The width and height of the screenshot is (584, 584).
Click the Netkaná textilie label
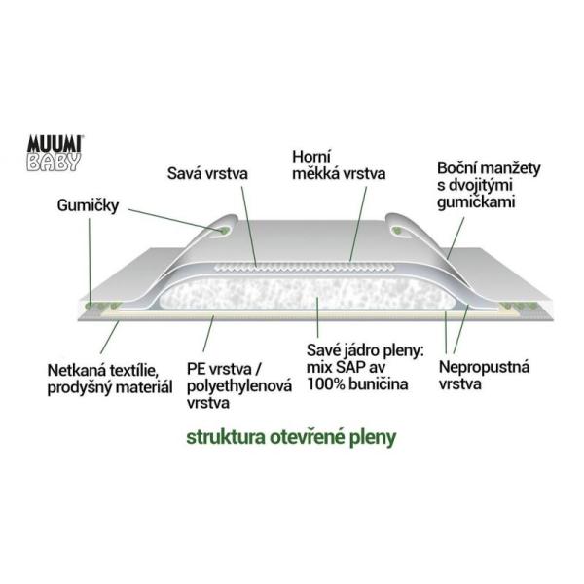110,379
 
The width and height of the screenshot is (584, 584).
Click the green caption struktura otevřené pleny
291,435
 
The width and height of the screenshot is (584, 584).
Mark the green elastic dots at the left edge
102,306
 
